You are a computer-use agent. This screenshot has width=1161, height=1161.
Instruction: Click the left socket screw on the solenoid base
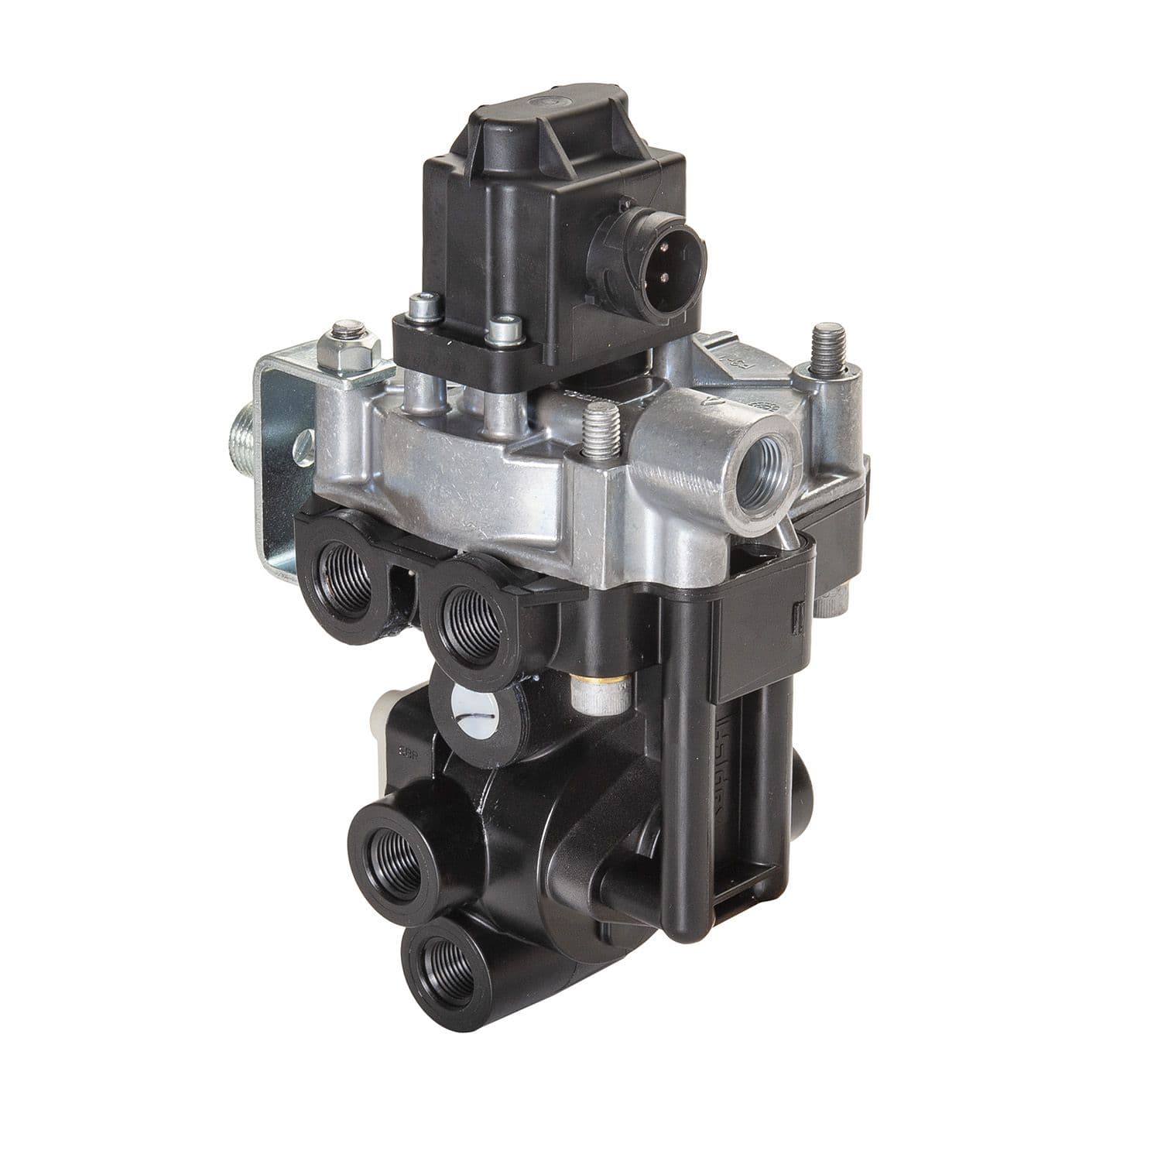tap(423, 308)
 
